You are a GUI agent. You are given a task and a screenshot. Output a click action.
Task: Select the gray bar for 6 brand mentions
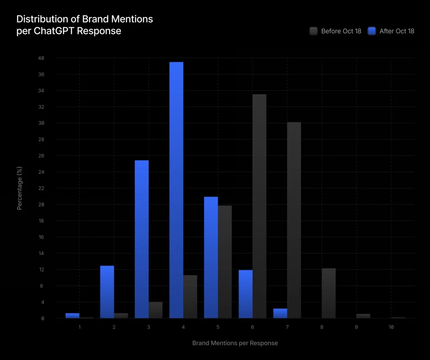coord(260,206)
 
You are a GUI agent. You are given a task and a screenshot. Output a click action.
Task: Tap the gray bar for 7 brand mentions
coord(294,220)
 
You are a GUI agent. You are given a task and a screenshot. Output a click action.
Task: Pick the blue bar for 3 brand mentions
coord(142,239)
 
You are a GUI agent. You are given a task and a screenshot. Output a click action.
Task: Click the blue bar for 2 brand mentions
coord(107,292)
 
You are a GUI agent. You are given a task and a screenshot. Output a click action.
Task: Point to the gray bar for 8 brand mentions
coord(329,293)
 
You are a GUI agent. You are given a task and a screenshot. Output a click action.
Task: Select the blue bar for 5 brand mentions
coord(211,257)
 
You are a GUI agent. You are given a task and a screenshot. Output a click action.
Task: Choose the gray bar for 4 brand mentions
coord(190,297)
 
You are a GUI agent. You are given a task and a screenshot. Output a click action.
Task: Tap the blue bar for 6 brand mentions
coord(246,294)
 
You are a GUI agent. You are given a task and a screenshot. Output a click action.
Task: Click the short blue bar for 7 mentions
coord(280,313)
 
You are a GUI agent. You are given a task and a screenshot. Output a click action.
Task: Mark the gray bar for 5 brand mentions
coord(225,262)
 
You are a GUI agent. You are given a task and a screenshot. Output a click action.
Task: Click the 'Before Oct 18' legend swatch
coord(313,31)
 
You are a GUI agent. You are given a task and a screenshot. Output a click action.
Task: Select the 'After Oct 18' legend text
coord(396,31)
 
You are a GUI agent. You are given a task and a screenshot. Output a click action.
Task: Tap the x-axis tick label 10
coord(391,326)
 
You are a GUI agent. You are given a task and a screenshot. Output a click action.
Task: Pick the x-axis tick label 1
coord(79,326)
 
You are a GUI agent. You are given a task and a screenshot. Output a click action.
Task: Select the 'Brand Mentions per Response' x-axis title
coord(235,343)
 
